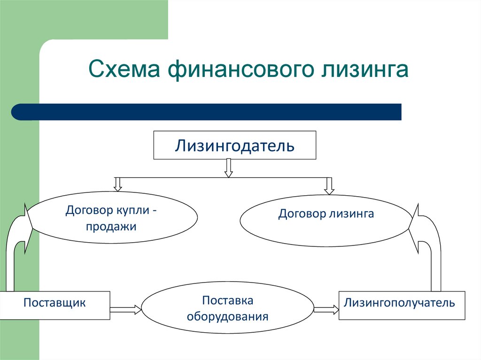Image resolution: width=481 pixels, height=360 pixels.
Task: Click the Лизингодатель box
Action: pyautogui.click(x=235, y=145)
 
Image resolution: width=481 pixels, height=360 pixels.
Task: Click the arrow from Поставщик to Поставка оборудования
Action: pyautogui.click(x=125, y=310)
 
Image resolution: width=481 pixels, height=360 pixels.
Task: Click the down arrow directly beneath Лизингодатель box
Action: pyautogui.click(x=229, y=168)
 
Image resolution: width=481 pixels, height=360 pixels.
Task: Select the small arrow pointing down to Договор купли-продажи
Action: pyautogui.click(x=118, y=184)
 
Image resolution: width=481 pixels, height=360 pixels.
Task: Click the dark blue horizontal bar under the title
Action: pyautogui.click(x=207, y=112)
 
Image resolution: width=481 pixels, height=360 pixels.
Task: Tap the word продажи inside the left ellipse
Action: pyautogui.click(x=111, y=227)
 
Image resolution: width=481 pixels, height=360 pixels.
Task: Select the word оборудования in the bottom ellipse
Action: pyautogui.click(x=227, y=316)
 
